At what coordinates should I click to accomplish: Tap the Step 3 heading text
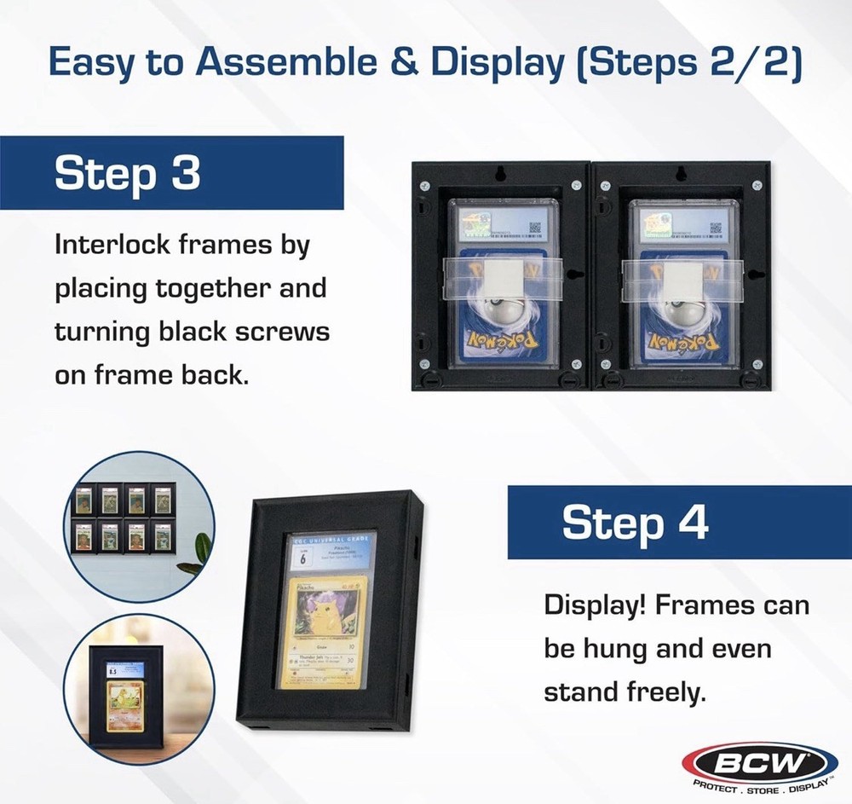[127, 173]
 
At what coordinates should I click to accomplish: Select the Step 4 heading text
[635, 523]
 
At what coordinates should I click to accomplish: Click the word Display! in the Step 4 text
[602, 606]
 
